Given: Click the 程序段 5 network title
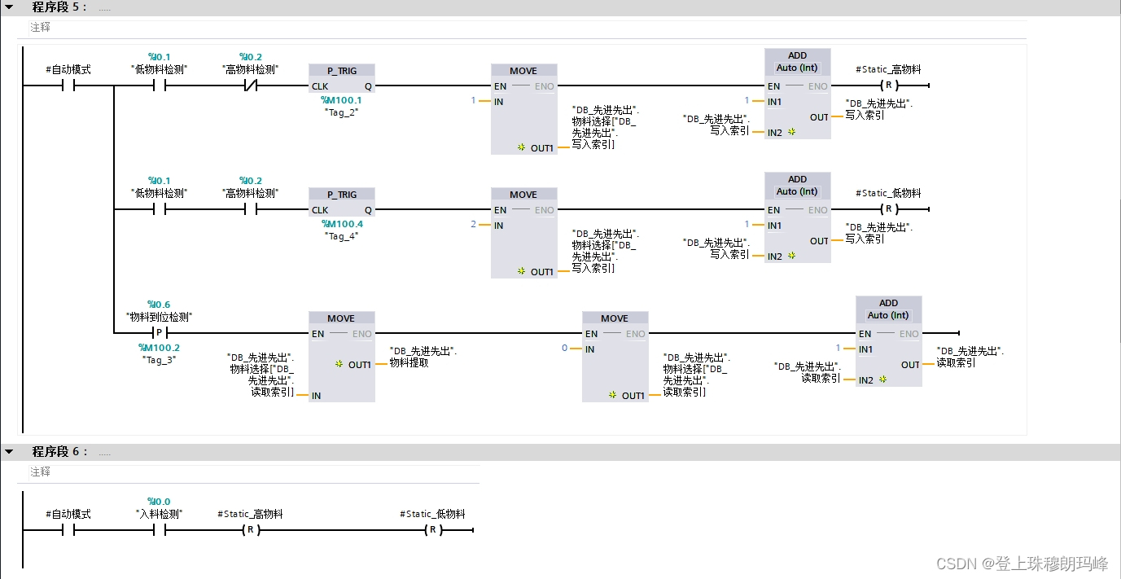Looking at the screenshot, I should [59, 7].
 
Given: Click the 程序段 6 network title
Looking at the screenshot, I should [59, 451].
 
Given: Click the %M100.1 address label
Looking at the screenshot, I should [342, 100].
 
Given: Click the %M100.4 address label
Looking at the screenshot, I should [342, 224].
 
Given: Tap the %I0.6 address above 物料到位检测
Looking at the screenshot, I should [159, 305].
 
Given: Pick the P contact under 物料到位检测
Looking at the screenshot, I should [159, 333].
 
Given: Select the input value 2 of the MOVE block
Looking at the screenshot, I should [474, 225].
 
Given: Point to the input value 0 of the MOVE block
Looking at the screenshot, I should [565, 349].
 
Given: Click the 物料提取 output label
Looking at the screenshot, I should [409, 362].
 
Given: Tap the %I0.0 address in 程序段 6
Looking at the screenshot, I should [159, 502].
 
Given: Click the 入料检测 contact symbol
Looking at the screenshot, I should [159, 530].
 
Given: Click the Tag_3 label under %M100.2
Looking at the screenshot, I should [159, 359].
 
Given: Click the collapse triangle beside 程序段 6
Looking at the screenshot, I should [9, 451].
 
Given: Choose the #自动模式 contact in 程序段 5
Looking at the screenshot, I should [68, 86].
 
